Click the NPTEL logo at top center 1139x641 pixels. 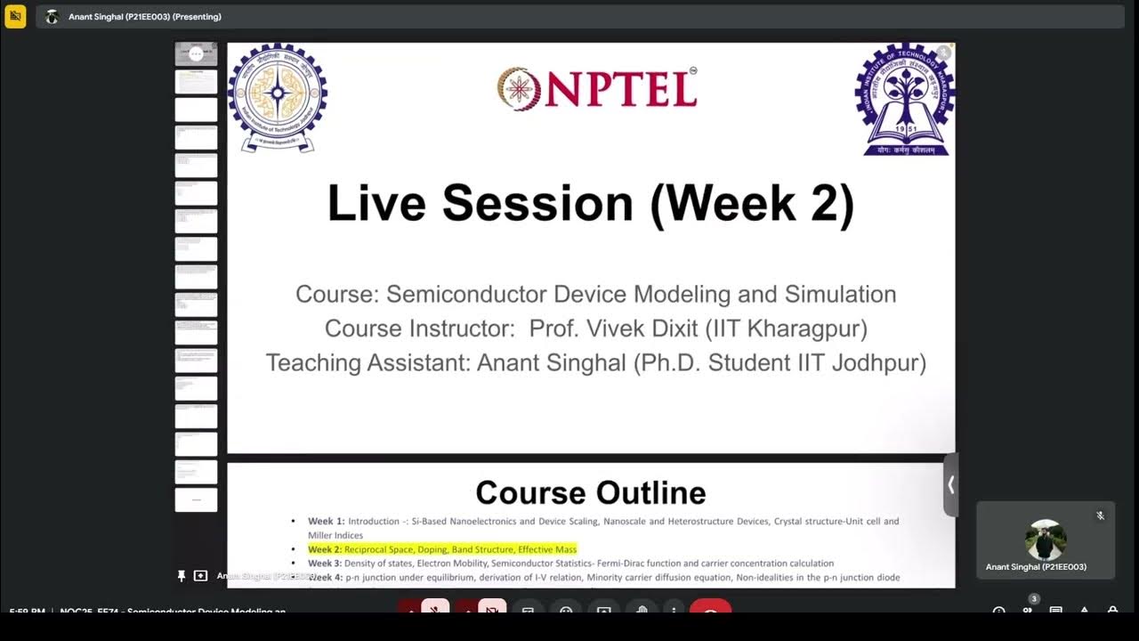click(597, 89)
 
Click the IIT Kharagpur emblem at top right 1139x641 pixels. click(904, 100)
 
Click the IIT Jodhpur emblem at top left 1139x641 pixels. click(278, 97)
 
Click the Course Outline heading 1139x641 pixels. click(591, 492)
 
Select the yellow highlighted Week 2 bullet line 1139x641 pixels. click(442, 549)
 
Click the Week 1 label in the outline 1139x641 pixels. click(326, 522)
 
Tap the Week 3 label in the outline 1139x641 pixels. click(325, 564)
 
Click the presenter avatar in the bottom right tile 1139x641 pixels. click(1046, 540)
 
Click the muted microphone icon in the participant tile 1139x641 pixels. click(1100, 515)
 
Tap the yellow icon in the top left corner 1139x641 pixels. click(15, 16)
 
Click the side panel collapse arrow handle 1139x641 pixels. click(950, 485)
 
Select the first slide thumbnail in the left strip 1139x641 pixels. click(196, 54)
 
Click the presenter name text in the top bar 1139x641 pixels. click(145, 17)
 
